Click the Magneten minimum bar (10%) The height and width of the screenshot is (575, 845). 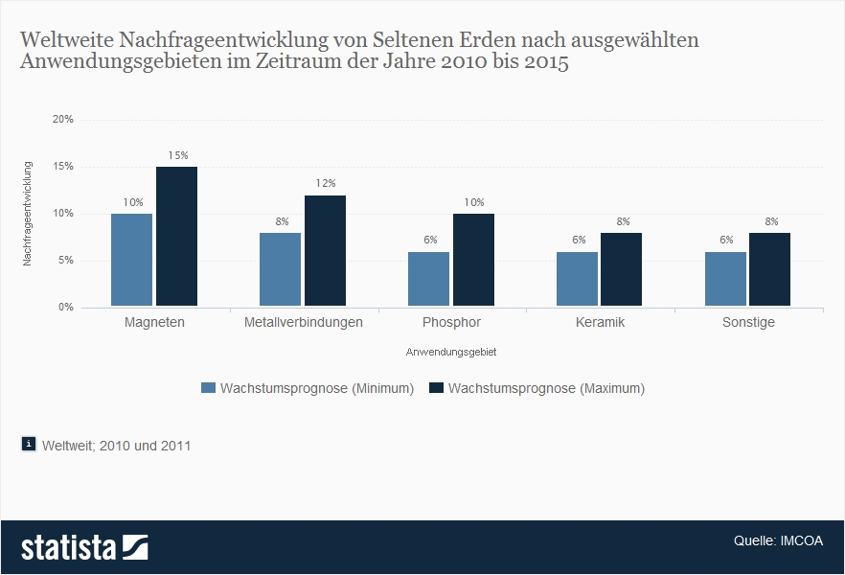click(131, 260)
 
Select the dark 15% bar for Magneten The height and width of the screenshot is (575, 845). click(176, 237)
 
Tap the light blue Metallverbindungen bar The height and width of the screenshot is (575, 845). click(280, 269)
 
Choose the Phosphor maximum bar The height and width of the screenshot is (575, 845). click(473, 260)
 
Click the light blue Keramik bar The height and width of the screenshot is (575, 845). click(577, 279)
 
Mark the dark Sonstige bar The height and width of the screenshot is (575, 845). click(769, 269)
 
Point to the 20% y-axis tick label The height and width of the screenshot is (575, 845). click(63, 120)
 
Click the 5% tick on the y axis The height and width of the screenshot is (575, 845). click(66, 261)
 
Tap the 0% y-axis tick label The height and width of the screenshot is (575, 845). click(66, 308)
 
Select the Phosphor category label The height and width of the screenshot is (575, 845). click(451, 322)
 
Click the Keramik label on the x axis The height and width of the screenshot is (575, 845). click(600, 322)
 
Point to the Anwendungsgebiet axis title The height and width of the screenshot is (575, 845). click(451, 352)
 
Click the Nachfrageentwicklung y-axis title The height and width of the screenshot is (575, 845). click(28, 214)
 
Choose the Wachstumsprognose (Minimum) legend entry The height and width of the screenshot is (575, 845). click(308, 388)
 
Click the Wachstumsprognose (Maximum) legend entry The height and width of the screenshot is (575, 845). click(537, 388)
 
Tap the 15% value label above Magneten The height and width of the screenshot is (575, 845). click(178, 155)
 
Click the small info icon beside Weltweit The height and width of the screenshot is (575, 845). click(28, 444)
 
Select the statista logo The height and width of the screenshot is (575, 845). click(84, 547)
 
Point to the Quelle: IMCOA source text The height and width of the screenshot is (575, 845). click(778, 540)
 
